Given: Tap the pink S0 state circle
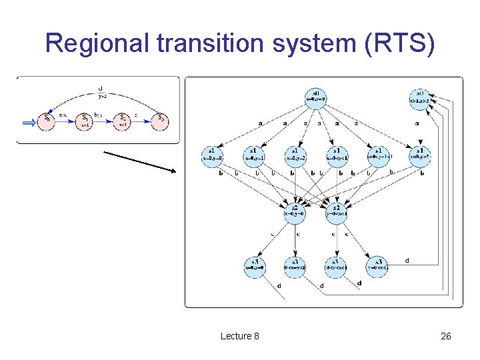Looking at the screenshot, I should (x=46, y=121).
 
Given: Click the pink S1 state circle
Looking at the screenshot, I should (x=85, y=121).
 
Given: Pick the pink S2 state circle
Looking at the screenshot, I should (x=123, y=121).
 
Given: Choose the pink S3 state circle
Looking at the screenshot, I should (x=160, y=121).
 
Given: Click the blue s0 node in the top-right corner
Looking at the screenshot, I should (x=420, y=98).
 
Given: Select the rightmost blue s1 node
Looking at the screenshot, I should (x=421, y=155).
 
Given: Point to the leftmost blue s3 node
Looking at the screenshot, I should (x=256, y=265).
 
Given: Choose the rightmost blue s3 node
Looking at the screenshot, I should (x=378, y=265).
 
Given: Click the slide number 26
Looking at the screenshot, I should (x=446, y=336).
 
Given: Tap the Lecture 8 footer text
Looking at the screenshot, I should (x=240, y=336).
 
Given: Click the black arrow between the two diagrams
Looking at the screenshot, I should (x=139, y=161).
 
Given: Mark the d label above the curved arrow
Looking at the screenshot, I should (x=100, y=88).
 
